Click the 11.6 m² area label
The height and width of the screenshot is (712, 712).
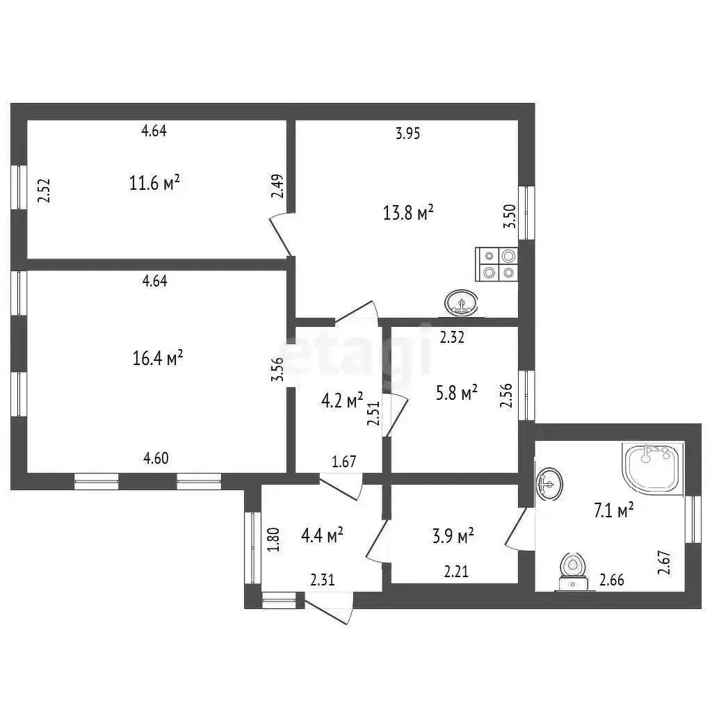tap(154, 183)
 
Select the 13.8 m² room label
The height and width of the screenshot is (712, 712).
tap(408, 212)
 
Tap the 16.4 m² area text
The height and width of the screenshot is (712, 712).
tap(158, 358)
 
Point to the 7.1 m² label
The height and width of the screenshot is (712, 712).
tap(614, 510)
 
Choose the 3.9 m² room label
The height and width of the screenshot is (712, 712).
tap(453, 536)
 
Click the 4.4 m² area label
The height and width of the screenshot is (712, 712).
tap(322, 535)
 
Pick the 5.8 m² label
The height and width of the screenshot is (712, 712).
tap(456, 393)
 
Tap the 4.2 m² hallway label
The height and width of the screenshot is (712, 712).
tap(342, 400)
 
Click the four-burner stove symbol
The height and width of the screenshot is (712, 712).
tap(496, 264)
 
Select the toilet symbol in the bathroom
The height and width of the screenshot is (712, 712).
tap(573, 572)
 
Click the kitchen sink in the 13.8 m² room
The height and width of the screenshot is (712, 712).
tap(462, 303)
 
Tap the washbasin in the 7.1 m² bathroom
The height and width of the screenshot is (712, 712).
tap(549, 484)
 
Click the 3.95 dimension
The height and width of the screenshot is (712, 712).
tap(407, 133)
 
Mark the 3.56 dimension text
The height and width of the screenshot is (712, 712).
tap(277, 370)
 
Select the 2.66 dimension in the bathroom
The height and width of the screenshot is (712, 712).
tap(612, 580)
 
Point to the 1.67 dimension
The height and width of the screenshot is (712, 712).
tap(343, 462)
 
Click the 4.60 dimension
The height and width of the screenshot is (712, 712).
tap(156, 458)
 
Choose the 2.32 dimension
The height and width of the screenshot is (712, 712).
tap(452, 337)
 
